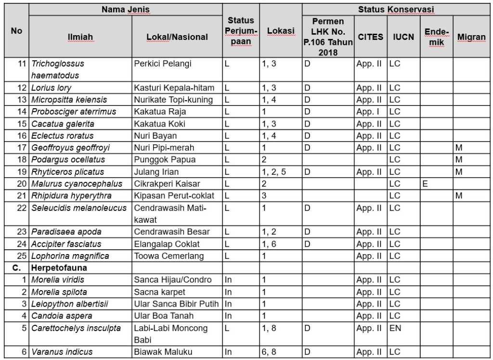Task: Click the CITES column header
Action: point(371,37)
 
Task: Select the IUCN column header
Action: point(403,37)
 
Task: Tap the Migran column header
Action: point(471,37)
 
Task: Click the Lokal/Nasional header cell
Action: point(177,37)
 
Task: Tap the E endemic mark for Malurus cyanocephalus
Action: point(425,184)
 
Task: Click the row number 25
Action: point(21,256)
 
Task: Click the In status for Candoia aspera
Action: point(229,316)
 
